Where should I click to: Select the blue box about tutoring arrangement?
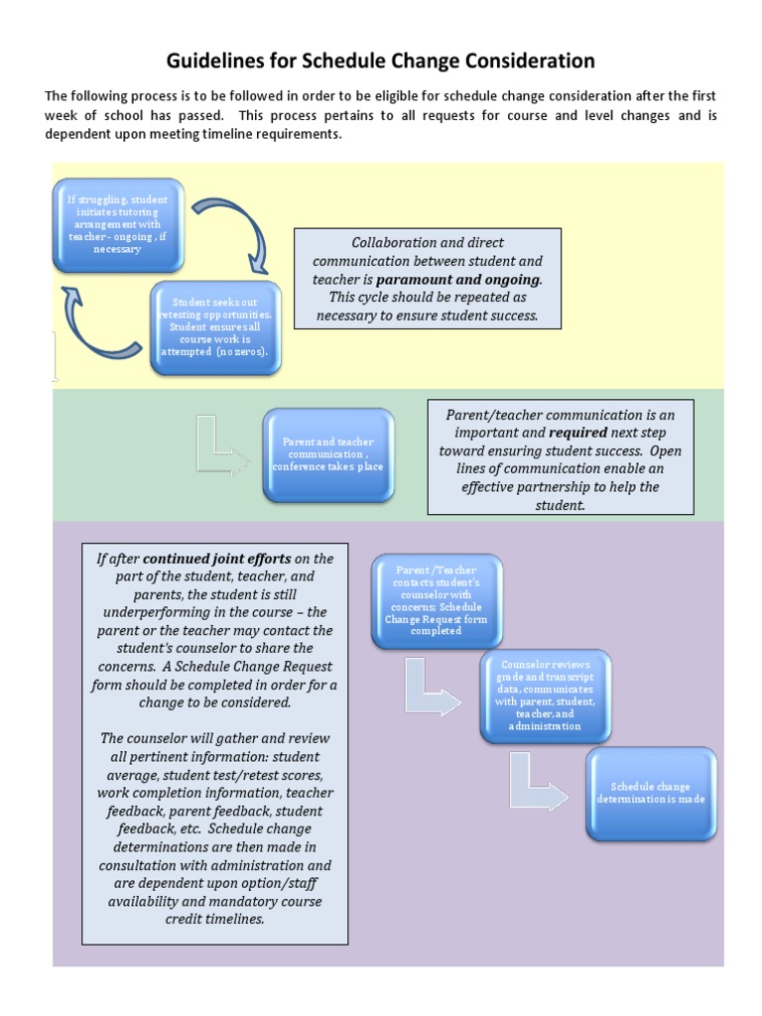click(x=118, y=225)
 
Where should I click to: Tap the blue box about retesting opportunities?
click(x=216, y=327)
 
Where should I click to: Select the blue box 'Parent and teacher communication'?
click(x=328, y=454)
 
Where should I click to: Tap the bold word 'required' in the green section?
click(x=578, y=433)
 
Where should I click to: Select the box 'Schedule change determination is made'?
click(x=651, y=793)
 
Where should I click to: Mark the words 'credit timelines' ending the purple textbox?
click(x=216, y=919)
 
